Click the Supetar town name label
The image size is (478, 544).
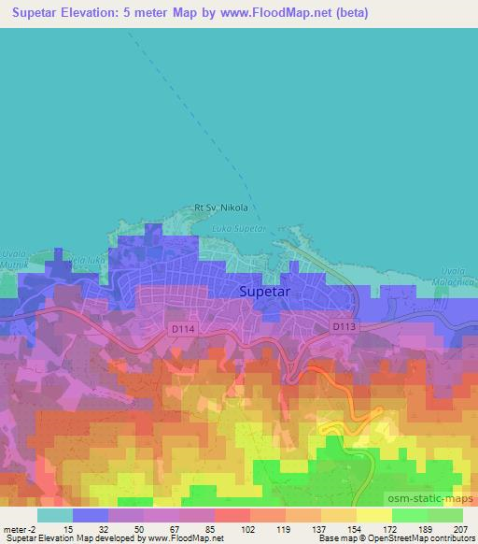tap(267, 291)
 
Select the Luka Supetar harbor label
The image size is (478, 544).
tap(240, 228)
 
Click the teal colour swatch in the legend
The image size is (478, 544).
tap(55, 515)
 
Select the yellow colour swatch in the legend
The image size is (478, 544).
tap(373, 515)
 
